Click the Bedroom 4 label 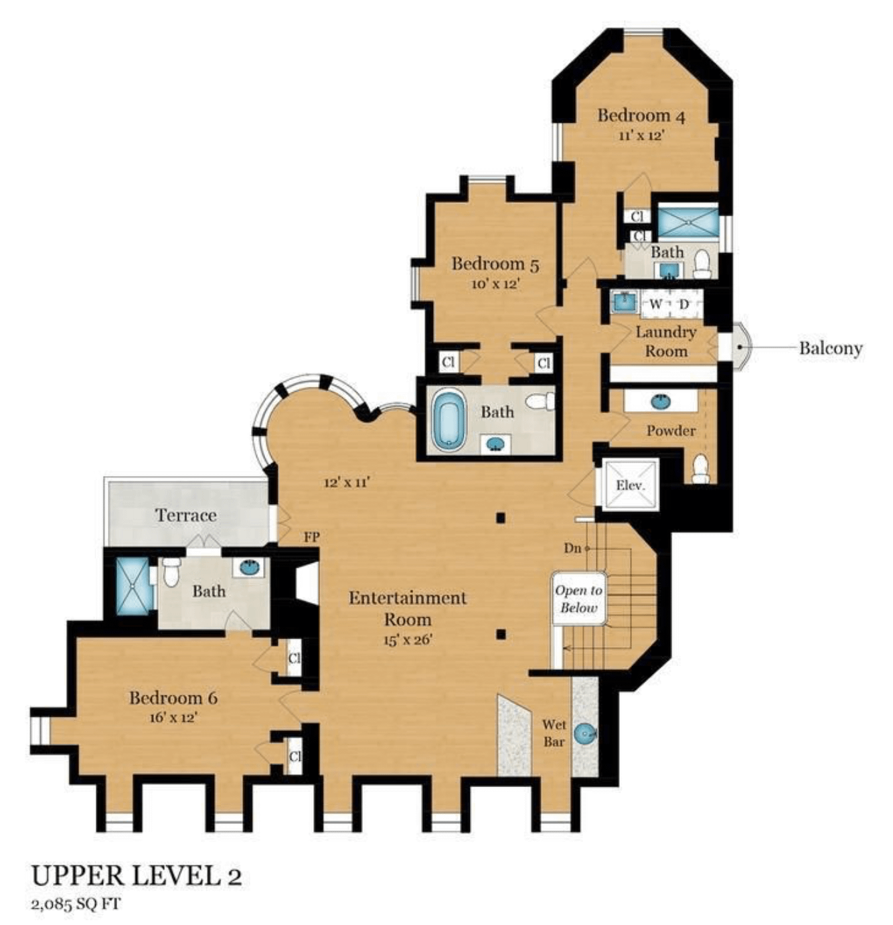point(641,115)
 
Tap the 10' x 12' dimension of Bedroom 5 point(495,284)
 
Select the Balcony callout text point(830,348)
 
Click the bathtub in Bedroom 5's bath point(448,420)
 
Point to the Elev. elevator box point(630,485)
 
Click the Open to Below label point(578,599)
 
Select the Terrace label point(186,515)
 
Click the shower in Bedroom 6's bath point(133,586)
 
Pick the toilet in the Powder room point(700,468)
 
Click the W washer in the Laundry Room point(656,305)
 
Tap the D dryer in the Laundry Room point(684,305)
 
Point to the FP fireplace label point(311,537)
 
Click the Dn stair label point(572,548)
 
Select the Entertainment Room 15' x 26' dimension point(408,639)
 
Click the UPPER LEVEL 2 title point(137,875)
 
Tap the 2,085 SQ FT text point(76,904)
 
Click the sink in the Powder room point(660,402)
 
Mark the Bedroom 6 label point(173,698)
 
